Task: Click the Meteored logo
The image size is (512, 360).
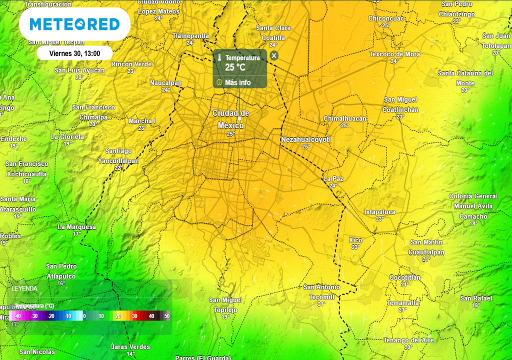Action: [74, 24]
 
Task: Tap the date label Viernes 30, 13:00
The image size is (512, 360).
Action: [74, 53]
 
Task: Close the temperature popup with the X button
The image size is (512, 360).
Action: [274, 55]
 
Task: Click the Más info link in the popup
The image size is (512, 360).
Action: [238, 82]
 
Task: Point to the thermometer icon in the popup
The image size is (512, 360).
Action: [219, 58]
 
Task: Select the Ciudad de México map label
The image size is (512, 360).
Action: [230, 119]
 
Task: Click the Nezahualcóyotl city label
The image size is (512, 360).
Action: [306, 139]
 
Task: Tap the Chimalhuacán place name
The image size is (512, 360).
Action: [345, 118]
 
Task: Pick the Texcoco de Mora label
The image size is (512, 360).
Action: [394, 54]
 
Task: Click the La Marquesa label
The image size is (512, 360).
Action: [76, 227]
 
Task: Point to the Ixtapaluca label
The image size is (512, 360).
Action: [379, 212]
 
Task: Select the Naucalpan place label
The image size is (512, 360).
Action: [165, 82]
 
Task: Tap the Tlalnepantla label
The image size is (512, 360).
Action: [190, 36]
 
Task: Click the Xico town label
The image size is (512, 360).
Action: [355, 240]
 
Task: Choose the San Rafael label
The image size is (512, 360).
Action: [476, 298]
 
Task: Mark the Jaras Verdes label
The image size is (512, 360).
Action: [130, 346]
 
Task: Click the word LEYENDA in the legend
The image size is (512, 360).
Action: [24, 288]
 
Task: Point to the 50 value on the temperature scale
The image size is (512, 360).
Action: [166, 316]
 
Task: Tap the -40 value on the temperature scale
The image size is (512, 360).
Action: [17, 316]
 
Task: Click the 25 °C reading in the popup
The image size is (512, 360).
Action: [235, 67]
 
